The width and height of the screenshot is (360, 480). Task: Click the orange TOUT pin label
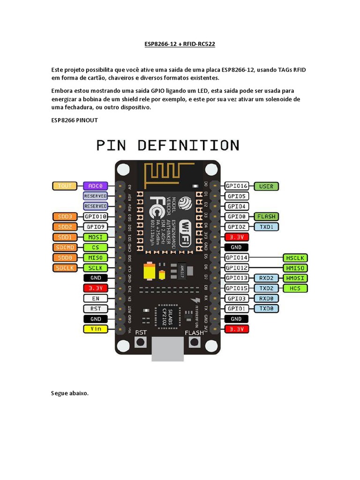(65, 186)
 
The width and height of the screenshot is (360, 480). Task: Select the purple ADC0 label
(96, 186)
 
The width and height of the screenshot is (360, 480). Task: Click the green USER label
(266, 186)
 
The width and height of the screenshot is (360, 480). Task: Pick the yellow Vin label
(96, 329)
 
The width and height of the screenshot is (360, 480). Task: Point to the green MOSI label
(96, 237)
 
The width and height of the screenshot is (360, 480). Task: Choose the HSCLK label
(295, 258)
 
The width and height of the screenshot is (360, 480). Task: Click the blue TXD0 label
(266, 308)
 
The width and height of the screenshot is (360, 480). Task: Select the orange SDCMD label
(65, 247)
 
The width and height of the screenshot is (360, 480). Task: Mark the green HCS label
(295, 288)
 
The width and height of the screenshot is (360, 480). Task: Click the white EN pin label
(96, 298)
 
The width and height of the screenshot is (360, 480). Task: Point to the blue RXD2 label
(266, 278)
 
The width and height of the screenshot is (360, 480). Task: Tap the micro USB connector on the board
(167, 349)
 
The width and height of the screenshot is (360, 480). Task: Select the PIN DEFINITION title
(168, 145)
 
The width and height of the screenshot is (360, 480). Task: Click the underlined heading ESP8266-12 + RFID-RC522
(180, 44)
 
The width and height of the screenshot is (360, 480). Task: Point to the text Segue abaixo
(70, 393)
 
